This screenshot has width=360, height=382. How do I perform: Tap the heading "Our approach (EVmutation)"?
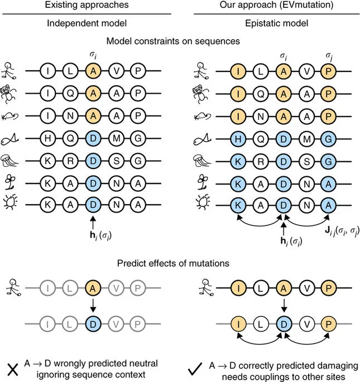(270, 6)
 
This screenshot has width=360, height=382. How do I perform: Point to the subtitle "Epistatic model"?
(270, 25)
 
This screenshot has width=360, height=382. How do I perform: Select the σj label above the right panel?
(328, 56)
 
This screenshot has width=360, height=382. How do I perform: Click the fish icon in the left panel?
(12, 136)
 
